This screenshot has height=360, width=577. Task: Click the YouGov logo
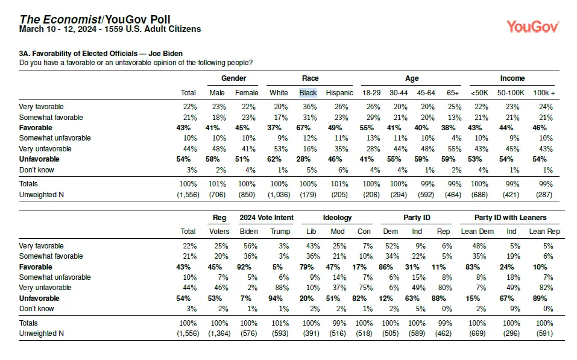[x=533, y=27]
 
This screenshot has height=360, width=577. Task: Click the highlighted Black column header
[x=308, y=93]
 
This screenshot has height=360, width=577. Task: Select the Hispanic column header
[x=339, y=93]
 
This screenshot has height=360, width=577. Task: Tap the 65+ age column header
[x=453, y=93]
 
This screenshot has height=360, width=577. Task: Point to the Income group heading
[x=512, y=78]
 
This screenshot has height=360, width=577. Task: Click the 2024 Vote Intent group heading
[x=266, y=218]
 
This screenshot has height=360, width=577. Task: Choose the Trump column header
[x=280, y=232]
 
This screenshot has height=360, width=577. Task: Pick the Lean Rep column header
[x=544, y=232]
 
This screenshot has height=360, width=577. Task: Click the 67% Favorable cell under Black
[x=303, y=128]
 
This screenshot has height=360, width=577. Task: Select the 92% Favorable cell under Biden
[x=244, y=267]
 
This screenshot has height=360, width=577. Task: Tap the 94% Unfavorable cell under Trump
[x=276, y=298]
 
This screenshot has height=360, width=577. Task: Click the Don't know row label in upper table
[x=36, y=170]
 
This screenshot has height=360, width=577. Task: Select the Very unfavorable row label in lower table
[x=45, y=288]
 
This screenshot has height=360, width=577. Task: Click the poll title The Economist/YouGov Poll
[x=95, y=19]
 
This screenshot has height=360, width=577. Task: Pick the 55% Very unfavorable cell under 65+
[x=455, y=149]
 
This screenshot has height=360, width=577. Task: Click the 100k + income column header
[x=544, y=93]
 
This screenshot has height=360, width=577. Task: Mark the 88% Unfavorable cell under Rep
[x=439, y=298]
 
